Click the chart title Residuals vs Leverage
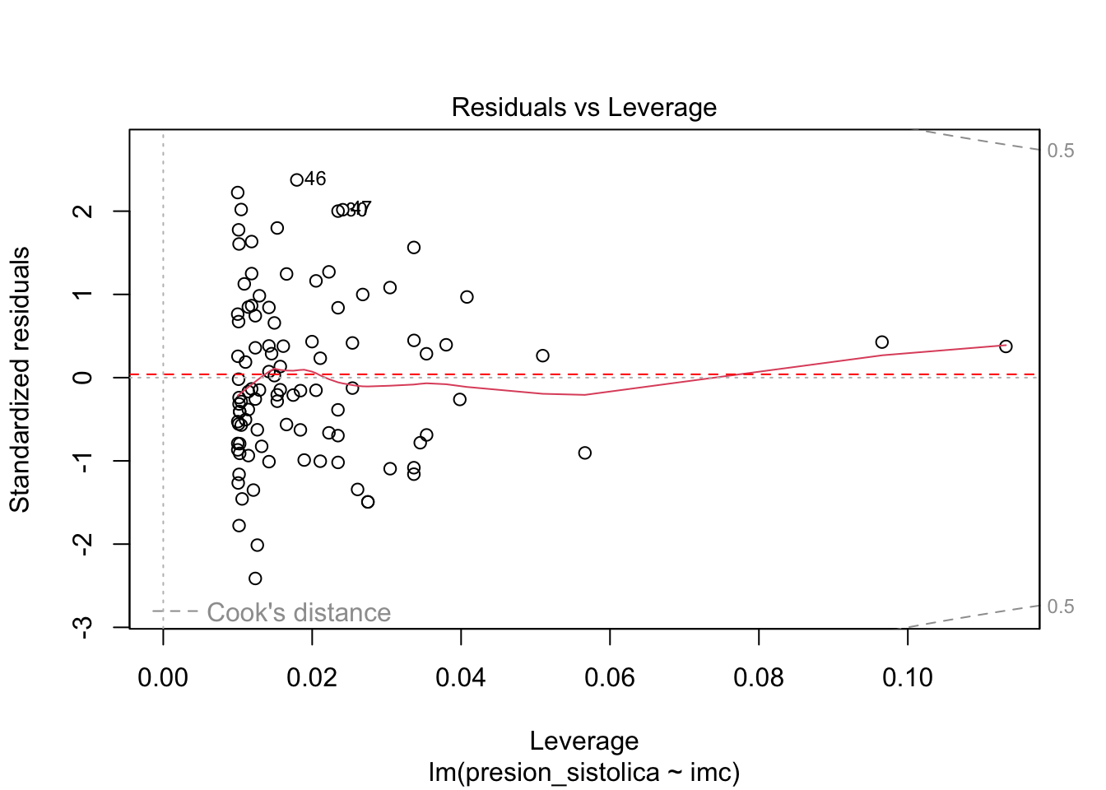coord(583,108)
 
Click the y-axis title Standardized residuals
coord(20,379)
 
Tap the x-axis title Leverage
coord(583,741)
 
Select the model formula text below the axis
coord(583,773)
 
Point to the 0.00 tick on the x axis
coord(163,677)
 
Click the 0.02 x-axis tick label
coord(312,677)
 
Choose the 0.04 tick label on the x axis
coord(461,677)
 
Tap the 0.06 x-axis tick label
coord(610,677)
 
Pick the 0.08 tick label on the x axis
coord(759,677)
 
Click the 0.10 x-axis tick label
coord(908,677)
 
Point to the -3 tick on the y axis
coord(82,627)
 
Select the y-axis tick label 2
coord(82,211)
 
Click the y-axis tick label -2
coord(82,544)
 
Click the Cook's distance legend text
coord(299,612)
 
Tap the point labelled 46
coord(296,179)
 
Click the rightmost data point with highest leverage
coord(1006,346)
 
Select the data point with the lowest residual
coord(255,579)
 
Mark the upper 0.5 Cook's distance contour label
coord(1061,151)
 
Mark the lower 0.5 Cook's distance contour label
coord(1061,606)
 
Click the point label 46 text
coord(315,179)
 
